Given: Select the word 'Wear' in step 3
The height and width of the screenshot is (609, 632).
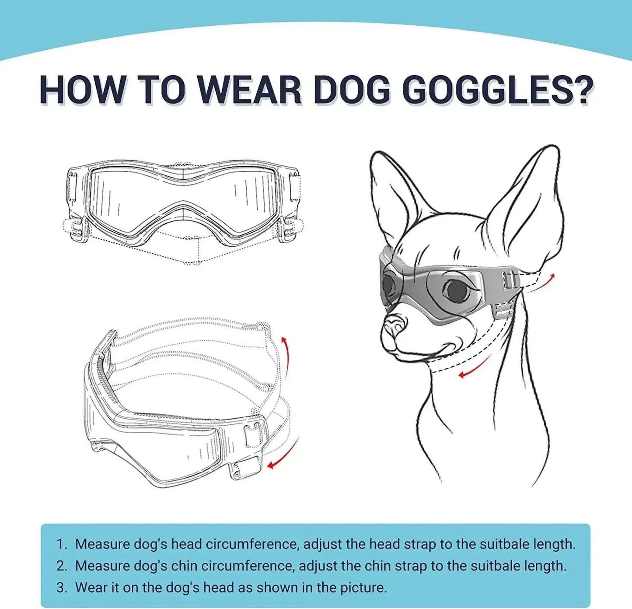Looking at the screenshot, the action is coord(93,587).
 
